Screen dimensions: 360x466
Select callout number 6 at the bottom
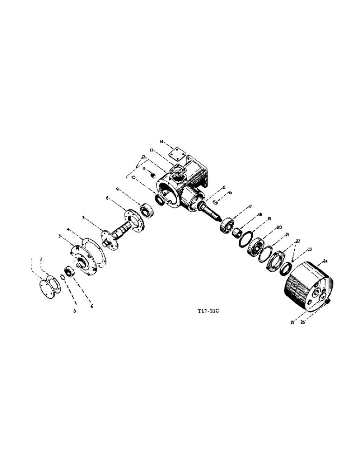(x=92, y=307)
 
